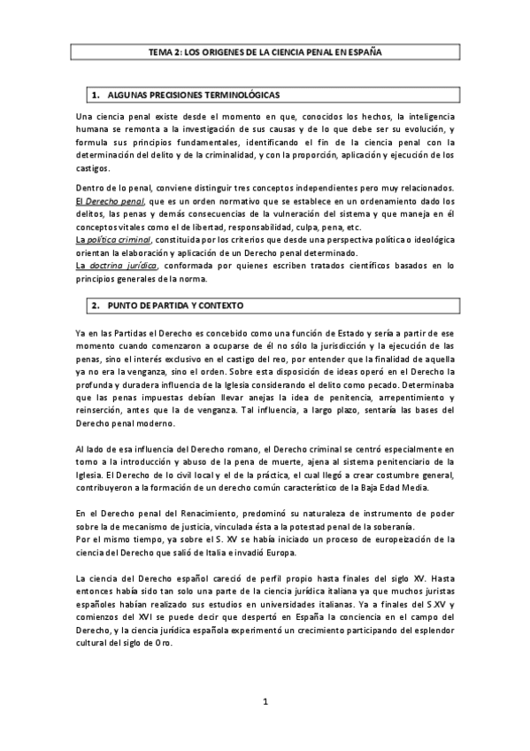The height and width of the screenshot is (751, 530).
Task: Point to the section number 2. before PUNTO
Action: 96,306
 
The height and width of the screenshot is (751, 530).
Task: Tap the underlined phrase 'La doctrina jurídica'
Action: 113,265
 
